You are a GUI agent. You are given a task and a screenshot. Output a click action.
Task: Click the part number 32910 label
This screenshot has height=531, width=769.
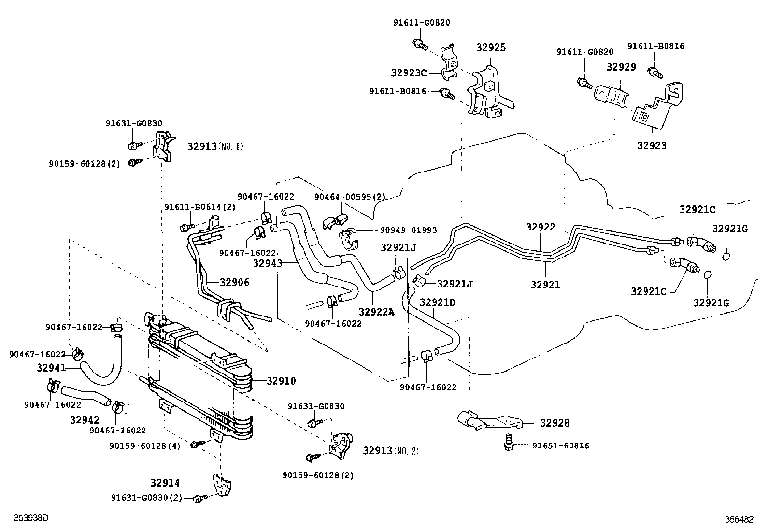[281, 381]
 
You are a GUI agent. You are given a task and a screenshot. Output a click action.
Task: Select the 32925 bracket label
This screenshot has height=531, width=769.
[491, 47]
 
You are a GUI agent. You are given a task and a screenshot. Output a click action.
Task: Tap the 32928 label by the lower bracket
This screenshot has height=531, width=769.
[555, 423]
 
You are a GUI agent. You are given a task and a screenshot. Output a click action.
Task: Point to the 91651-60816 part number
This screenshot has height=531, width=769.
[561, 446]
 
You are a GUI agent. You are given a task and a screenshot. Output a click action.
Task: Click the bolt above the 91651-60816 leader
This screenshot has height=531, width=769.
[509, 442]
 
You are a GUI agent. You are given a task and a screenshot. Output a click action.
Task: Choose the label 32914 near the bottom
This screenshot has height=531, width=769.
[165, 483]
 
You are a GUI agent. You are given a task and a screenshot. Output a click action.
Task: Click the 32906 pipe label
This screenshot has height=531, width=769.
[234, 282]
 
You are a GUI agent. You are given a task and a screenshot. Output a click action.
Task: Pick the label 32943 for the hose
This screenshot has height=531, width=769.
[268, 263]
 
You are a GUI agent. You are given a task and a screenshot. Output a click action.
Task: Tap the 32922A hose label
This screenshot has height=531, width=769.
[377, 312]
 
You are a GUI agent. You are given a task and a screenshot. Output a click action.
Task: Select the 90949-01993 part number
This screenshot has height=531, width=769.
[409, 230]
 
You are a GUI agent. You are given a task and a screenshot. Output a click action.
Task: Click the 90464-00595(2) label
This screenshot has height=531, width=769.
[350, 197]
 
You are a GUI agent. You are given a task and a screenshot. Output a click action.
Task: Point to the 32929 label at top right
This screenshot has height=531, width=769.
[621, 67]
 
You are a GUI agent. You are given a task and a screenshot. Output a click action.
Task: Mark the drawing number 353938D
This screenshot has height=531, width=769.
[31, 518]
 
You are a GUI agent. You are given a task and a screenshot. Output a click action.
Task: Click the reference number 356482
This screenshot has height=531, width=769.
[739, 519]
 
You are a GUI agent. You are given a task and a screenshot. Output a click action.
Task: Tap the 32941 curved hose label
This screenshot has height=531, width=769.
[51, 368]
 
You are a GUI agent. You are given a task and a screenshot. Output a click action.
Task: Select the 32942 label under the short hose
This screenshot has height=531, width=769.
[85, 420]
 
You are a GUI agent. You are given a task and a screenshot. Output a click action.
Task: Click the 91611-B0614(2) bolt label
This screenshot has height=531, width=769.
[200, 207]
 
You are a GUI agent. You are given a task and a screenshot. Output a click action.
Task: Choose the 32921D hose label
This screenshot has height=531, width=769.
[437, 302]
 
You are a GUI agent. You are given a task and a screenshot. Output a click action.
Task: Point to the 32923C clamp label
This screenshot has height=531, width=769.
[409, 73]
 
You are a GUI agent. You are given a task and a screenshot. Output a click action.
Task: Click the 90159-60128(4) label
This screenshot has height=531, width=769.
[145, 446]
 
